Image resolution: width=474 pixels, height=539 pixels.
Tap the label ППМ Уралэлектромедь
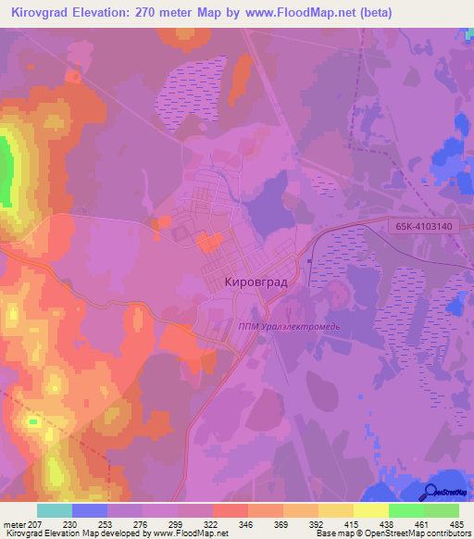(x=289, y=326)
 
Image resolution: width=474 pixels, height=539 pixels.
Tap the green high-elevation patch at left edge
(x=6, y=171)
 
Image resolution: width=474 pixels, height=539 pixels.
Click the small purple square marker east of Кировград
(x=309, y=260)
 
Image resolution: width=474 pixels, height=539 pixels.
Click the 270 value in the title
(x=156, y=13)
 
